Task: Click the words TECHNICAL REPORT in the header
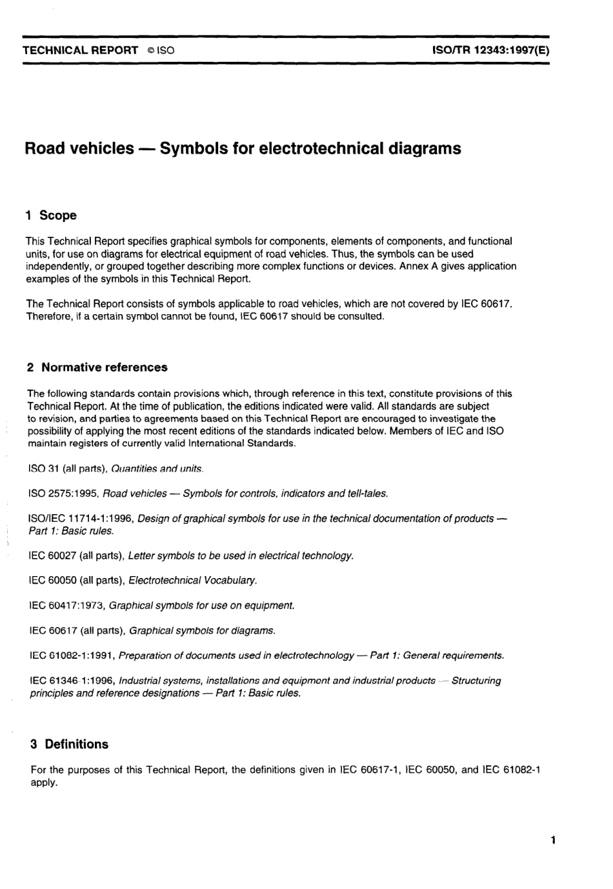coord(81,50)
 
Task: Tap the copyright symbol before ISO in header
coord(150,50)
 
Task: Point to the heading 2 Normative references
coord(97,367)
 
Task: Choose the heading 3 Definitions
coord(69,744)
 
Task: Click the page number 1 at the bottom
coord(554,839)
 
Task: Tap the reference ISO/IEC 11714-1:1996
coord(81,518)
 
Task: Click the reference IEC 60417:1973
coord(67,605)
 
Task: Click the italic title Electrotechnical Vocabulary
coord(192,580)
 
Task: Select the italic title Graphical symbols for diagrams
coord(202,630)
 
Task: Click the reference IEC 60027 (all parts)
coord(77,555)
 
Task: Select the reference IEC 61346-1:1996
coord(72,681)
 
